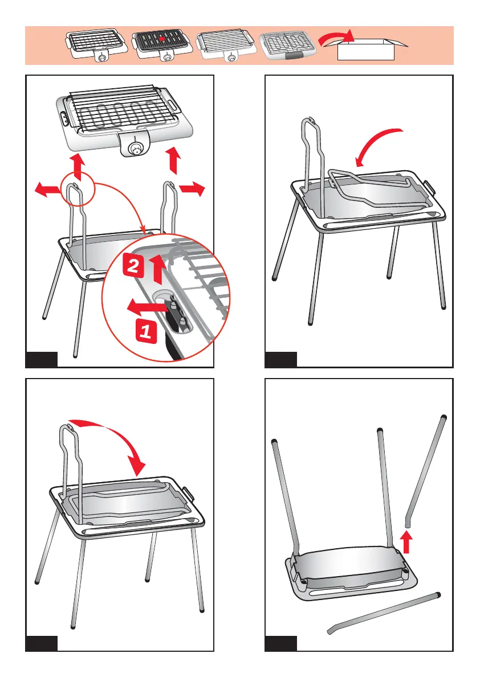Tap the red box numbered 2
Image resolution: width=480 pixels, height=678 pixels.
tap(133, 265)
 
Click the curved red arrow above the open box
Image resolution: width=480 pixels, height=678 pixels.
tap(336, 37)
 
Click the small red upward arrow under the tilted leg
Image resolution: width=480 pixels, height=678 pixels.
tap(406, 542)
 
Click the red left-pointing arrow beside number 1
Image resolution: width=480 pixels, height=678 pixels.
tap(147, 307)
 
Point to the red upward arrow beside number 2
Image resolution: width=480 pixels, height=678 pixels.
tap(159, 269)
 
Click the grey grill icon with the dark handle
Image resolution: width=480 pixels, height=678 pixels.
tap(288, 45)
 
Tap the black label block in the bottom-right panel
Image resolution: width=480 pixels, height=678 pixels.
tap(281, 643)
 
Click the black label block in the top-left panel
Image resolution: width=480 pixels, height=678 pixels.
tap(42, 360)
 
